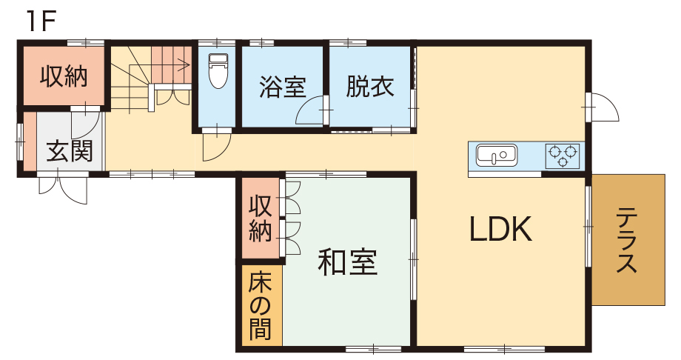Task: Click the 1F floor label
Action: [41, 21]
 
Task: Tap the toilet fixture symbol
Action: [218, 70]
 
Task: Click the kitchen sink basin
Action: [497, 156]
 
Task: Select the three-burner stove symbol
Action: [563, 156]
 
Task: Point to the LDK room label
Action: [501, 229]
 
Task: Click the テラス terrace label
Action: [627, 240]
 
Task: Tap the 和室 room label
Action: [347, 261]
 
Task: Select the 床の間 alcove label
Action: [260, 305]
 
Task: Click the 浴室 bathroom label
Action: [283, 87]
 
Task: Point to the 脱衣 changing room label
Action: [370, 86]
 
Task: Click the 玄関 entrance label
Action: [70, 151]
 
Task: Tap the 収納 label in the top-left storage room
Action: [64, 76]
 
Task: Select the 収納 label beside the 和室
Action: [260, 219]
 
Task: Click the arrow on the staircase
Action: [171, 66]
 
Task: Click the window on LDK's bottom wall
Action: [504, 348]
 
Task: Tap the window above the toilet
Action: [217, 43]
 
